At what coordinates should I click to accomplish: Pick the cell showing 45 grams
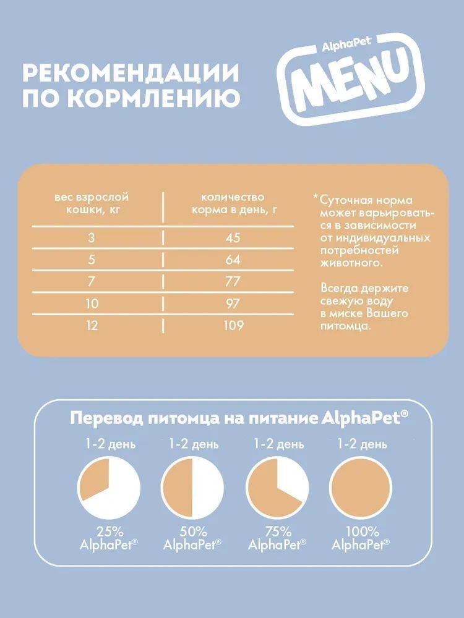tap(233, 238)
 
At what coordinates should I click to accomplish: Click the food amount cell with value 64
tap(233, 260)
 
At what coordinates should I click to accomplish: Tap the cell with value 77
tap(233, 281)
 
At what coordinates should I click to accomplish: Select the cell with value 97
tap(233, 303)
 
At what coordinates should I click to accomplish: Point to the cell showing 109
tap(233, 325)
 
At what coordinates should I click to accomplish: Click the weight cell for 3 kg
tap(92, 238)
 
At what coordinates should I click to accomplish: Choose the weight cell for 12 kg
tap(92, 325)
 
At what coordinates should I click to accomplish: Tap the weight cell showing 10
tap(92, 303)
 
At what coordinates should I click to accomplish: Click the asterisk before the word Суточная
tap(316, 199)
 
